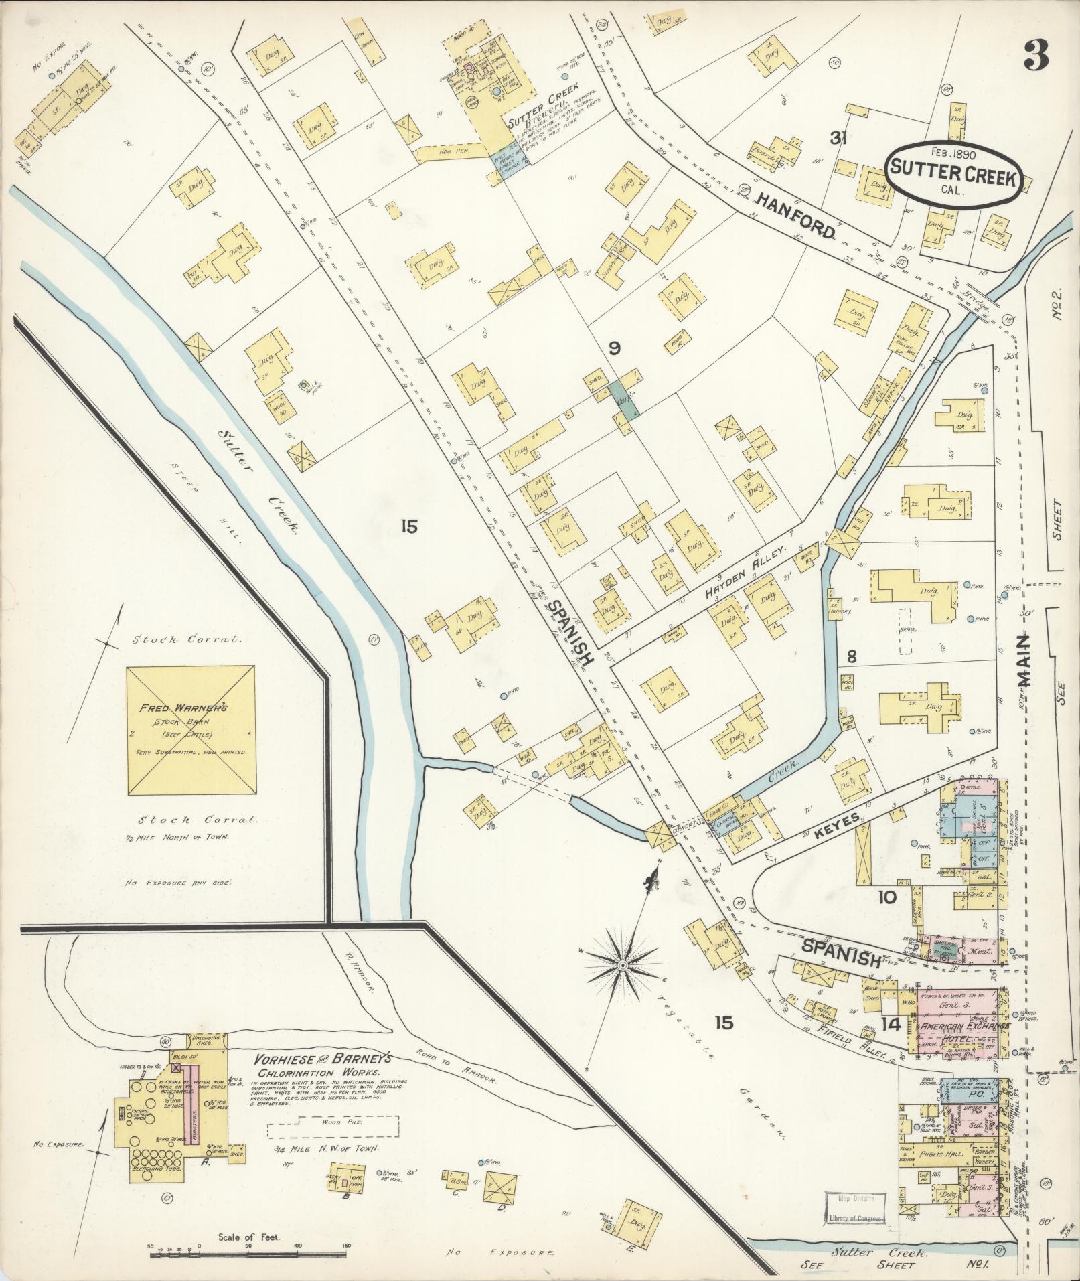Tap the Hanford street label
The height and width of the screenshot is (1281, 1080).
[x=797, y=215]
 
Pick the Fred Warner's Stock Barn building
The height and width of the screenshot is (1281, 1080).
[x=191, y=729]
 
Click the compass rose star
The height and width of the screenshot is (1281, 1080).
[x=622, y=965]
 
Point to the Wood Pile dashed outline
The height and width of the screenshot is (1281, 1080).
[x=333, y=1127]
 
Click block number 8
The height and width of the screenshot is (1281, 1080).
[x=851, y=657]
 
